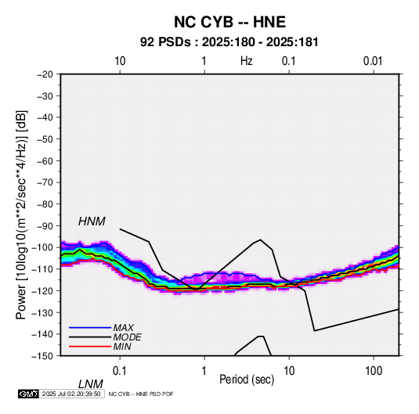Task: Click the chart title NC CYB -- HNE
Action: point(229,22)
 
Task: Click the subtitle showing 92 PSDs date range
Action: point(229,42)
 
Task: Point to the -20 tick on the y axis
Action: point(45,74)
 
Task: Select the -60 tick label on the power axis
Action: point(45,160)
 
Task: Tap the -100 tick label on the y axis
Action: point(42,247)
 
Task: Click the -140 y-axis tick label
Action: point(42,334)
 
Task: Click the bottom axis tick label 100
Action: point(374,371)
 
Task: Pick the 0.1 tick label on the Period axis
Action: point(120,371)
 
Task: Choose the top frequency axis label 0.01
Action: point(373,61)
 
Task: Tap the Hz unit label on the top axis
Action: point(247,61)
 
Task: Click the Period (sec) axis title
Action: point(247,380)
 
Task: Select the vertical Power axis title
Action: point(21,215)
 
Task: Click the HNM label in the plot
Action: point(92,221)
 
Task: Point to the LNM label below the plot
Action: point(91,384)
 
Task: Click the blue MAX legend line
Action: point(90,327)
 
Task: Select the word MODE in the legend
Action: point(127,337)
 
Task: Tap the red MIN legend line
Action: point(90,347)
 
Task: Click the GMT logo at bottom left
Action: point(28,394)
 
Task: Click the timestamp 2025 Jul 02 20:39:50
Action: point(71,394)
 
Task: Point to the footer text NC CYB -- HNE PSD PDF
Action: point(141,394)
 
